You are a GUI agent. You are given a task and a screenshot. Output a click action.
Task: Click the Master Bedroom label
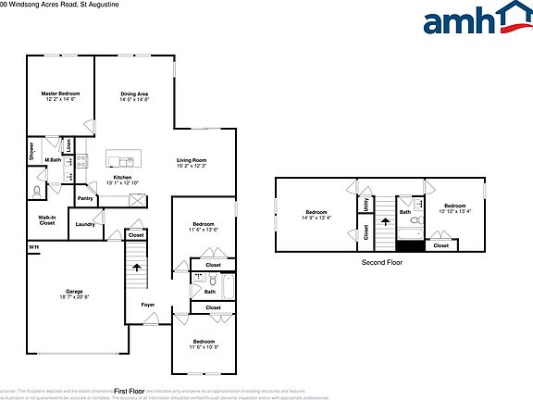coord(59,94)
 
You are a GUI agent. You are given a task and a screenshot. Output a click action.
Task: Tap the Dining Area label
coord(135,94)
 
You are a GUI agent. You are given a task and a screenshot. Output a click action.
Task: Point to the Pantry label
coord(85,198)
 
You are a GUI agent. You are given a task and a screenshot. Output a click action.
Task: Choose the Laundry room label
coord(85,224)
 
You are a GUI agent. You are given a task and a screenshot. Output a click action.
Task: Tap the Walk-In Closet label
coord(47,220)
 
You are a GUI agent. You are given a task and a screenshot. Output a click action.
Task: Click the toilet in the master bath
coord(37,192)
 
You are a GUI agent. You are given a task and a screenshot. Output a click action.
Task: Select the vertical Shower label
coord(31,151)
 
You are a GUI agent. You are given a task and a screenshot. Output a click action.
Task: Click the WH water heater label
coord(33,247)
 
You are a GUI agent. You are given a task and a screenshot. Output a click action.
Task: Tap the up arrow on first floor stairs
coord(138,268)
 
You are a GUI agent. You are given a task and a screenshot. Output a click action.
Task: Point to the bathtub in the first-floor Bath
coord(229,290)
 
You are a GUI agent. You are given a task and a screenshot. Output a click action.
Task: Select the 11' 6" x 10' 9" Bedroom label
coord(204,346)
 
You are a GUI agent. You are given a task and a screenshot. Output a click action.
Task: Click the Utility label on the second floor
coord(366,205)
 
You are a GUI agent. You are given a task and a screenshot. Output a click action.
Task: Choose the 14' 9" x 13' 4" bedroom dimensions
coord(316,218)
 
